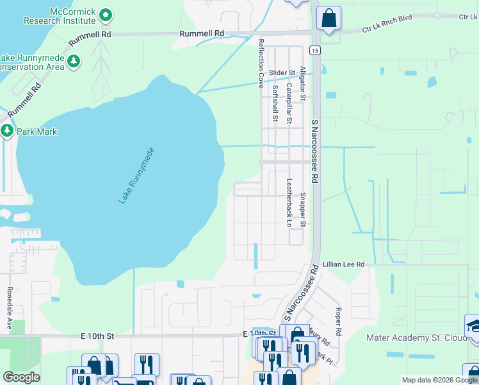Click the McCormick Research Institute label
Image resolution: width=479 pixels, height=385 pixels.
tap(59, 17)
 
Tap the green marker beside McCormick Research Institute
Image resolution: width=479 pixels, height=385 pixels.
tap(106, 14)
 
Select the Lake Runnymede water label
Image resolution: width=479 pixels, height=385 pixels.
tap(136, 176)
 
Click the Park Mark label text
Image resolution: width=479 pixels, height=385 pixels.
tap(37, 132)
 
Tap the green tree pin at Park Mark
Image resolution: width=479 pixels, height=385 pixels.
tap(8, 131)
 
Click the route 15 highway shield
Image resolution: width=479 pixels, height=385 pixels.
tap(314, 49)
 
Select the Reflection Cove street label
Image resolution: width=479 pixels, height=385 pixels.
tap(261, 63)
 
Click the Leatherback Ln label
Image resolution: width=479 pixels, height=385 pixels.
tap(289, 203)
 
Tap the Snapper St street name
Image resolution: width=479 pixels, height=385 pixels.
tap(303, 210)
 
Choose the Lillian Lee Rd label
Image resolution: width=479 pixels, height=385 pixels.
tap(343, 264)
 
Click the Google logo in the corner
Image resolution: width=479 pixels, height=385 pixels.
tap(21, 377)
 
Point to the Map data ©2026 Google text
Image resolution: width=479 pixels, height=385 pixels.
tap(439, 380)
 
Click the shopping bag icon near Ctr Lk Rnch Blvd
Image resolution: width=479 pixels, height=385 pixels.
tap(329, 19)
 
